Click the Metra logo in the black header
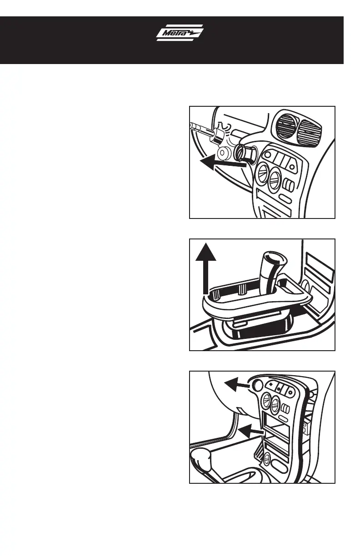180,34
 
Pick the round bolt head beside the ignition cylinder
224,154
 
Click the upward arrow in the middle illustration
206,268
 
